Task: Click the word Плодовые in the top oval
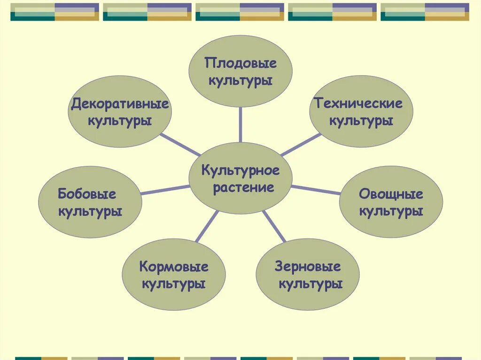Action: point(240,63)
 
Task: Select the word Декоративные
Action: point(120,104)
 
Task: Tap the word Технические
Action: point(358,104)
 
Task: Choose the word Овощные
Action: point(391,194)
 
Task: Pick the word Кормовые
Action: point(174,267)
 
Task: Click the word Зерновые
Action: point(308,267)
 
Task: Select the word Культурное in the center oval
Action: point(240,170)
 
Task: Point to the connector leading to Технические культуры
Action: point(301,145)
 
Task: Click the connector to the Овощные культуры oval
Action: point(316,190)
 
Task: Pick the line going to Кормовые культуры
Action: point(207,226)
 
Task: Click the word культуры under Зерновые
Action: point(310,284)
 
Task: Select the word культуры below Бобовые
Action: point(90,211)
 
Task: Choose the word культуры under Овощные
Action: point(391,211)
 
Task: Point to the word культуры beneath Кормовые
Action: point(174,284)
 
